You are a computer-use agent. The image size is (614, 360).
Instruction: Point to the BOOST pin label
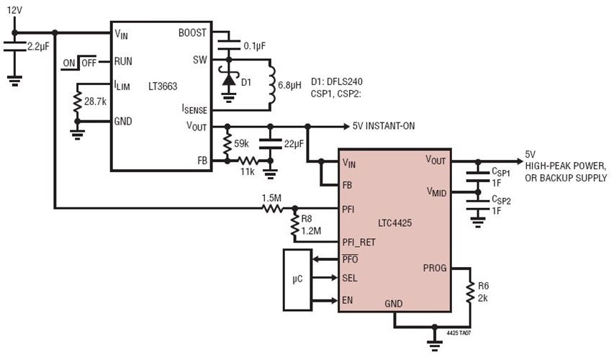pyautogui.click(x=192, y=33)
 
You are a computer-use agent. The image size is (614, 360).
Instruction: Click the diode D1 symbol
pyautogui.click(x=229, y=81)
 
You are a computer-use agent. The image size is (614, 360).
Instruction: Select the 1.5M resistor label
pyautogui.click(x=271, y=197)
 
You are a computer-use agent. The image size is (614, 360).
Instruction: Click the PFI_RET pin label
pyautogui.click(x=363, y=243)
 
